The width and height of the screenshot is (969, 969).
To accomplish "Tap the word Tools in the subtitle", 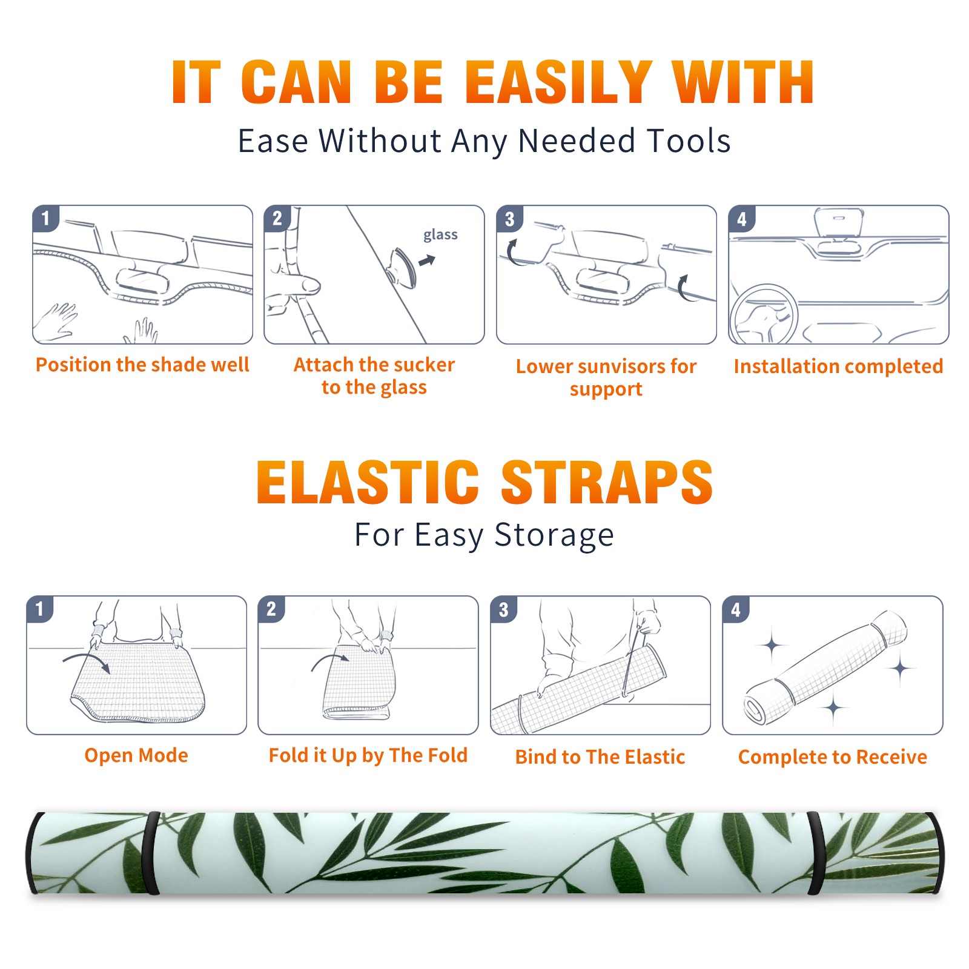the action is (689, 141).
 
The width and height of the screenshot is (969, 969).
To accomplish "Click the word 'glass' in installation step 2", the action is (440, 235).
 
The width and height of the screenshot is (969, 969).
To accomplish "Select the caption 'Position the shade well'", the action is (142, 365).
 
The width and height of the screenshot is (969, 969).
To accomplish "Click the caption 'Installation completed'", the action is (838, 366).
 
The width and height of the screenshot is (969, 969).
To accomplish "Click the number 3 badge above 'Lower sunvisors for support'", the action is (509, 219).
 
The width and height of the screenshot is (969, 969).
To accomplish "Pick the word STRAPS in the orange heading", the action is (607, 482).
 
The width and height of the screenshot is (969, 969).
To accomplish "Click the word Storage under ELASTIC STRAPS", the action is (554, 535).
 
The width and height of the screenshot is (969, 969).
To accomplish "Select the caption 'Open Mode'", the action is (136, 755).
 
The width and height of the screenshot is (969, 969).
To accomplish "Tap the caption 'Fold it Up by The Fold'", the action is (368, 756).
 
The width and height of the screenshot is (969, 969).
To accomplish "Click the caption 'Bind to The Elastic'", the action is (600, 757).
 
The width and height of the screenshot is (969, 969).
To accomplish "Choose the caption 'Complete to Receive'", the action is (833, 757).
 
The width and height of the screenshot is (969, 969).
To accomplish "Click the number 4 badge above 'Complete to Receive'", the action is (736, 609).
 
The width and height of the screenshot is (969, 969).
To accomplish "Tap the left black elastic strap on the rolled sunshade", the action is (151, 853).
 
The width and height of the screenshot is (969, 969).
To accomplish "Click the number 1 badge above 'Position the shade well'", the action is (45, 219).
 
